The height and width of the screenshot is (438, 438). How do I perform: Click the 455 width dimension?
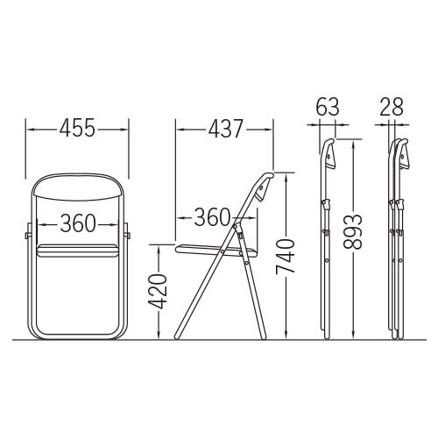point(77,128)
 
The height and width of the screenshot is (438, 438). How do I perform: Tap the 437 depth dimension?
point(225,128)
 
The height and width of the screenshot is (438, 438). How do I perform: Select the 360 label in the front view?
point(78,223)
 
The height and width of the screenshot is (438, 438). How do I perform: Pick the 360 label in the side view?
point(212,217)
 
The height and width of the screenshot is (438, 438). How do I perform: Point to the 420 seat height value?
point(158,292)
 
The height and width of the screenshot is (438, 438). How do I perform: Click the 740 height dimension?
point(286,257)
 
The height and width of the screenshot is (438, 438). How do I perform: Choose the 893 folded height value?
point(353,232)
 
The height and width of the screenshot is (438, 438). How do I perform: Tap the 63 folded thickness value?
point(328,107)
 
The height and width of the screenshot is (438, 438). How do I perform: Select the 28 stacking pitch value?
point(392,107)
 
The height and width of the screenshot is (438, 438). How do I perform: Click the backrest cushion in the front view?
point(78,187)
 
